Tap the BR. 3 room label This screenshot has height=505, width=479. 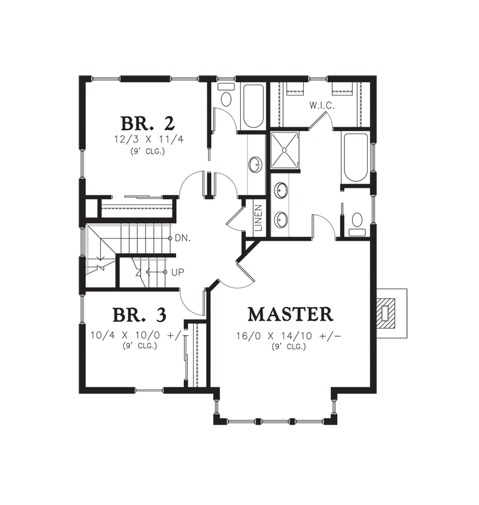139,315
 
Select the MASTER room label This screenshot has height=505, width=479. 290,314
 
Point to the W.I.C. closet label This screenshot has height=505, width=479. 322,106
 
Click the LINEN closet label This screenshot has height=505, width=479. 259,218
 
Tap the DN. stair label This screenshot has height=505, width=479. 183,238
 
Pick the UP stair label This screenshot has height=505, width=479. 178,272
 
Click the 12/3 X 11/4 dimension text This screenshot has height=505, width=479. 149,140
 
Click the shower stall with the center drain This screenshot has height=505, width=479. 285,150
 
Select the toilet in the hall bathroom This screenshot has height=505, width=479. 226,95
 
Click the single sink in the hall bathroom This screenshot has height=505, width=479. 256,165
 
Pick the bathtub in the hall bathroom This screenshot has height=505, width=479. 254,106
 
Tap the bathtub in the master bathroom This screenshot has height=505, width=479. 356,157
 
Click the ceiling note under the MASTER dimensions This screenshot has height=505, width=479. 289,347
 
